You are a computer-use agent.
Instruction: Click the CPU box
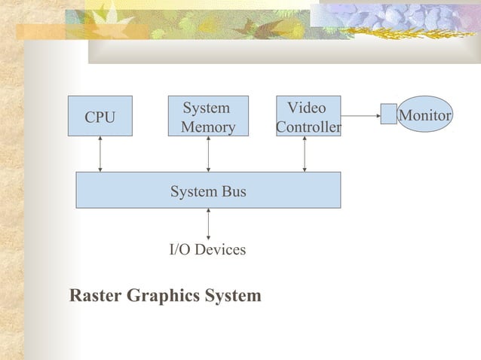[x=100, y=116]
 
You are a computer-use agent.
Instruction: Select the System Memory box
[x=208, y=116]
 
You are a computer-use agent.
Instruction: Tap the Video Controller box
[x=308, y=116]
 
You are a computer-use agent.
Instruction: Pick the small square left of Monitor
[x=388, y=115]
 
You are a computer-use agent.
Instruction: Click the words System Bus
[x=208, y=192]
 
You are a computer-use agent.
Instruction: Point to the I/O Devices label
[x=207, y=249]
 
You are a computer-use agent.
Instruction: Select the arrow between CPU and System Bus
[x=100, y=154]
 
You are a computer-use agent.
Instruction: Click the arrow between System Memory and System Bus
[x=208, y=154]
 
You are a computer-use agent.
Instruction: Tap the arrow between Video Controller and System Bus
[x=305, y=154]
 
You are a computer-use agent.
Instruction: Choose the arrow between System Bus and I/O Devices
[x=208, y=224]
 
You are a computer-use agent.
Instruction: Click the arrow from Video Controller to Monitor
[x=360, y=116]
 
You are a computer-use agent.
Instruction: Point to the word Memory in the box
[x=208, y=127]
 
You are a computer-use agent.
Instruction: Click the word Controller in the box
[x=308, y=127]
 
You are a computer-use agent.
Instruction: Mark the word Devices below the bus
[x=222, y=249]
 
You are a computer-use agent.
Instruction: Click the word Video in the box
[x=307, y=108]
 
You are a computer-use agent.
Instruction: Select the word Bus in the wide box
[x=232, y=192]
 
